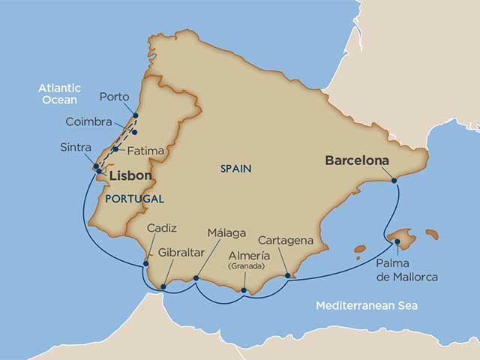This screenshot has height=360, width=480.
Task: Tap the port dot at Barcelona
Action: pos(394,180)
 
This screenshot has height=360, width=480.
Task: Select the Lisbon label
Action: pos(131,176)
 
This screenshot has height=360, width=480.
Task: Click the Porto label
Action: pos(114,97)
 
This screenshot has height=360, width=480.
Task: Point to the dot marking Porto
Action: pos(136,115)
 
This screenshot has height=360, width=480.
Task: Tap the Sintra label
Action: pos(75,147)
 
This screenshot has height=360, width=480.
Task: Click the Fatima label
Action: pos(145,151)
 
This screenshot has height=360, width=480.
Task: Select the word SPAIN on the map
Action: pos(235,169)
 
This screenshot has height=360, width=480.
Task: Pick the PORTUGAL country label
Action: pos(134,199)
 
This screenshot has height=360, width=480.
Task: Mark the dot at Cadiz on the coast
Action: pos(146,262)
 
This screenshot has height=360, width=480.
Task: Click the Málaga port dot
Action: pos(196,278)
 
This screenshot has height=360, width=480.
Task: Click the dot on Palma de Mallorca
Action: pos(397,241)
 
